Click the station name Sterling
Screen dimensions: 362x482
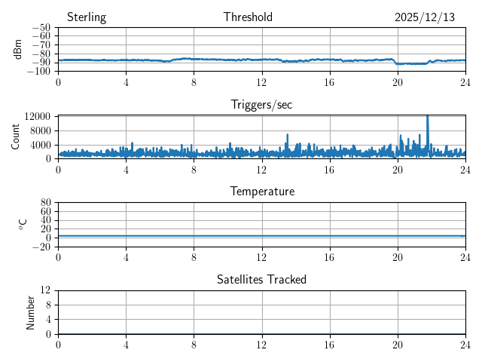point(87,17)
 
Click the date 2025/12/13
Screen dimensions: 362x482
point(425,17)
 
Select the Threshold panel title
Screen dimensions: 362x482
point(248,17)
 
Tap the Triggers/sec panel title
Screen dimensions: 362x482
point(261,105)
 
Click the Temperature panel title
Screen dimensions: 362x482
point(261,192)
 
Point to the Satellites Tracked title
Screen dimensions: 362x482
point(261,279)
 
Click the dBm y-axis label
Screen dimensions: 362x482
point(18,49)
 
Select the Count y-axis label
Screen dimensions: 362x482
point(16,137)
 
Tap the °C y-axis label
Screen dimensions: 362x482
point(23,224)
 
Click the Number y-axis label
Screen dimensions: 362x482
point(31,311)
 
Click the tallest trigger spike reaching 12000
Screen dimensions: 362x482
point(427,117)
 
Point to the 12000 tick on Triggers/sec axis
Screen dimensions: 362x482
point(37,116)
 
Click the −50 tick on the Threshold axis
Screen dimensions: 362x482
point(41,28)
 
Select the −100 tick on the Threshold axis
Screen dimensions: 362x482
point(39,71)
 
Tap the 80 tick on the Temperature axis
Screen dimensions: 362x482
point(45,203)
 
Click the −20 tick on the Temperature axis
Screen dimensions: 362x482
point(41,247)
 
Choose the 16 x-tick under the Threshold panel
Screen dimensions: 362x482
point(329,81)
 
